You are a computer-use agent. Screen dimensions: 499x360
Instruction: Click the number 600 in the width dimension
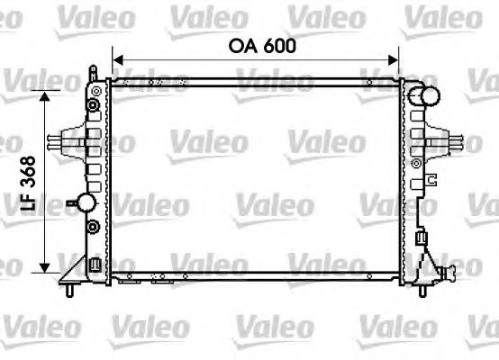tap(280, 46)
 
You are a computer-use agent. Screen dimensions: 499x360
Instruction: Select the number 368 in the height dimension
tap(28, 172)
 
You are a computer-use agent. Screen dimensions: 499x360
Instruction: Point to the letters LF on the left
tap(28, 201)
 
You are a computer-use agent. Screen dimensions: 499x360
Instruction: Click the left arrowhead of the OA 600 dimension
tap(118, 59)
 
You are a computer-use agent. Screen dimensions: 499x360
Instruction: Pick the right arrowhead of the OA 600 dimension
tap(393, 59)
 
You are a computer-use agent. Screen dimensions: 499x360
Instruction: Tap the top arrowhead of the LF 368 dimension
tap(44, 95)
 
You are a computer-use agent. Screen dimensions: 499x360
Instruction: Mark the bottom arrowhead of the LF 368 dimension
tap(44, 268)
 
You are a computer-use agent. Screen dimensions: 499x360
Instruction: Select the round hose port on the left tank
tap(86, 202)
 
